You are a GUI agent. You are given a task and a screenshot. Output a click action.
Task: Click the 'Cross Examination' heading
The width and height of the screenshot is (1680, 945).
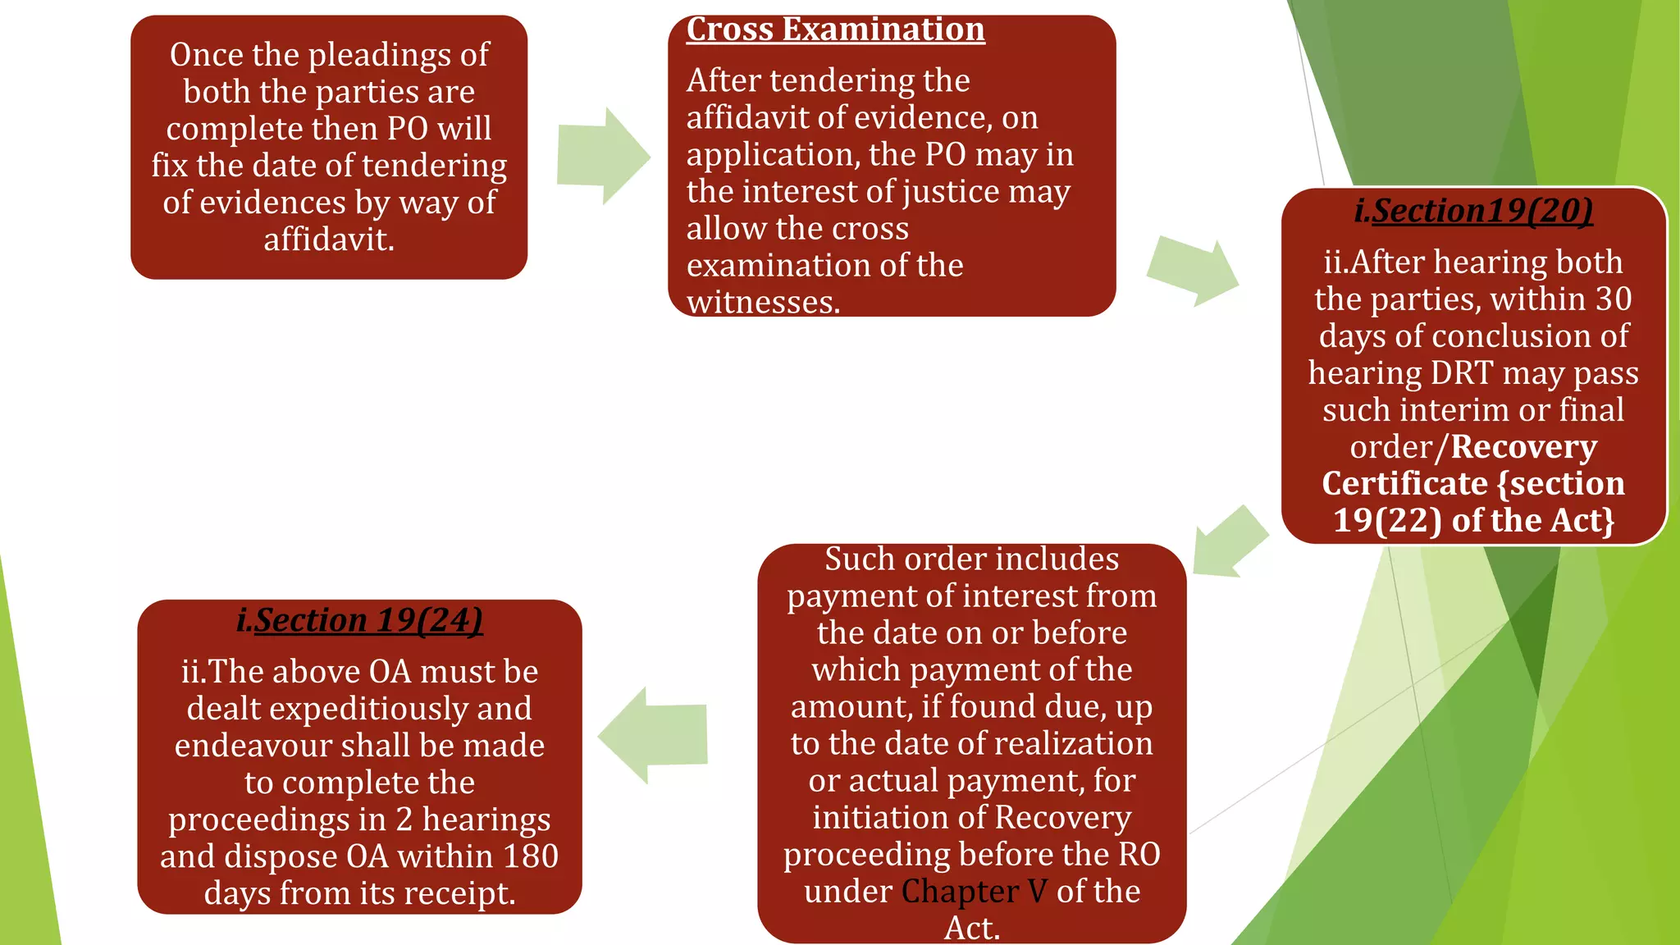coord(835,30)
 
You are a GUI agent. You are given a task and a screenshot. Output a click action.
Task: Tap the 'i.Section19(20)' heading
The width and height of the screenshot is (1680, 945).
coord(1473,211)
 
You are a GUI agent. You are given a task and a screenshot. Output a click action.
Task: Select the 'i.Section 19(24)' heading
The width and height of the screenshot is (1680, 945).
coord(359,620)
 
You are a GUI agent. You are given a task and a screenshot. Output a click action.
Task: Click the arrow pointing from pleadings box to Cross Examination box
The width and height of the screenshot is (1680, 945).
coord(604,156)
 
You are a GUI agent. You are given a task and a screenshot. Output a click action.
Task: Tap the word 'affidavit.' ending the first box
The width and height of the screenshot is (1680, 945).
coord(329,240)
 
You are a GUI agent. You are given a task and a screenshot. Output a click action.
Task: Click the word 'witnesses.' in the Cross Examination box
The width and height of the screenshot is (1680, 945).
coord(763,303)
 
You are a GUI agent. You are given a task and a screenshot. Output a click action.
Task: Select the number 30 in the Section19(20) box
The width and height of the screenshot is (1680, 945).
coord(1614,299)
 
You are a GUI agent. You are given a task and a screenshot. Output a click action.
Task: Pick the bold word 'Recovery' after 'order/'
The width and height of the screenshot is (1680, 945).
coord(1523,447)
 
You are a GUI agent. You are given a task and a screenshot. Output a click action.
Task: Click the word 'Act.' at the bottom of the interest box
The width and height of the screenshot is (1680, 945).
coord(972,929)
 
